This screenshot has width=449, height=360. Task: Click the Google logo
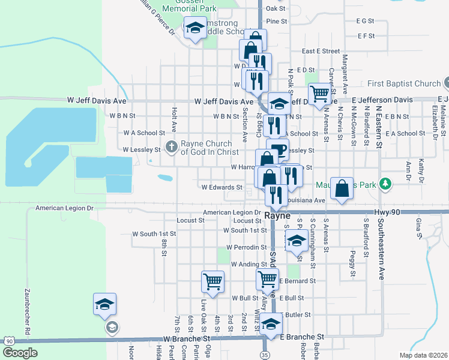click(x=20, y=353)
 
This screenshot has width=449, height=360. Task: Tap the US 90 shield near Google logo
click(x=8, y=340)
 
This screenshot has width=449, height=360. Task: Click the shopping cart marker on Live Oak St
click(x=212, y=280)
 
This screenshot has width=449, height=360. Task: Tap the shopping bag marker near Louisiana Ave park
click(x=342, y=188)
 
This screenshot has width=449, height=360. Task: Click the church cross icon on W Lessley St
click(x=171, y=146)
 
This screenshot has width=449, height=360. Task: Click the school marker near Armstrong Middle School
click(x=195, y=28)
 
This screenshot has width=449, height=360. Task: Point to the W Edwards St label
click(x=221, y=187)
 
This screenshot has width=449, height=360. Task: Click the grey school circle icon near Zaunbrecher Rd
click(x=111, y=327)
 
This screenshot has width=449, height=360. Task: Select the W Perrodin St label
click(x=246, y=247)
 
